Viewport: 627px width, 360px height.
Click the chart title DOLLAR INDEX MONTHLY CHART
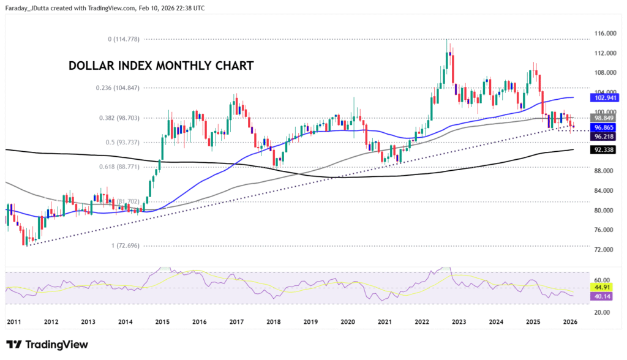coord(160,66)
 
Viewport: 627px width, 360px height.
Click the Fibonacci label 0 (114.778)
coord(124,39)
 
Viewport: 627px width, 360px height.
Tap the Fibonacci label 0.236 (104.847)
coord(118,88)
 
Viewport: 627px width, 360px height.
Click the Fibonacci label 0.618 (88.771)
coord(118,167)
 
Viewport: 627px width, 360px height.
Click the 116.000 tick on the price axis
coord(604,33)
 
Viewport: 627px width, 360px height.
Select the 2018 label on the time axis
coord(274,322)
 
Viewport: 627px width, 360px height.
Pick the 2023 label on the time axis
coord(459,322)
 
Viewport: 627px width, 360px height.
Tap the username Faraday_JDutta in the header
coord(35,8)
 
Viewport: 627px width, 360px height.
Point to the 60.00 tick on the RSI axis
coord(602,279)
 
